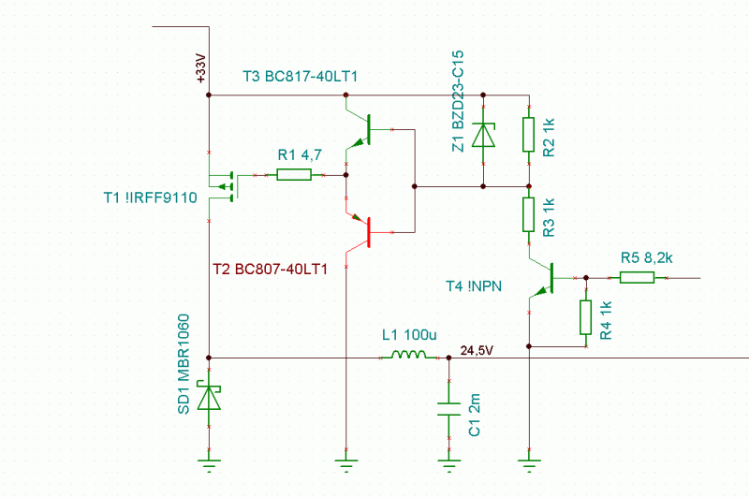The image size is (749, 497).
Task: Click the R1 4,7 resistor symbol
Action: (294, 175)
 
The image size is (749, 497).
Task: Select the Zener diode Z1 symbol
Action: (483, 135)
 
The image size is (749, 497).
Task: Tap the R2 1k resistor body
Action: (528, 135)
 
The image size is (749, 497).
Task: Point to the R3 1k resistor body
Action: (528, 214)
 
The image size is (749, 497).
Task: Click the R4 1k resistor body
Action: (586, 317)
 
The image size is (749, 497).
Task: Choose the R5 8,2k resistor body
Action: (638, 277)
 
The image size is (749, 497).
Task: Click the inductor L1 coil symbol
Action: (409, 355)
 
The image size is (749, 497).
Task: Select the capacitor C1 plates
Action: (449, 409)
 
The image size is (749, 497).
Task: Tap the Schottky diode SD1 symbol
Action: (209, 395)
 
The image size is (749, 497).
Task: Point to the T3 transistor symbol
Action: (359, 129)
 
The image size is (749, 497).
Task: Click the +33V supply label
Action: (201, 68)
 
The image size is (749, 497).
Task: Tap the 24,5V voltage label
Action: (477, 350)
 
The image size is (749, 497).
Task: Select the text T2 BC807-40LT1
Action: (270, 270)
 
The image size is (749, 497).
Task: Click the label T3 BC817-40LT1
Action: (300, 77)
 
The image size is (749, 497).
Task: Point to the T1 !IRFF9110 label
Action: (151, 197)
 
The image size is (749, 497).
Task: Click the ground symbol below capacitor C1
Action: (449, 465)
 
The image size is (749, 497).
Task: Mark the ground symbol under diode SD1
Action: (209, 465)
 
